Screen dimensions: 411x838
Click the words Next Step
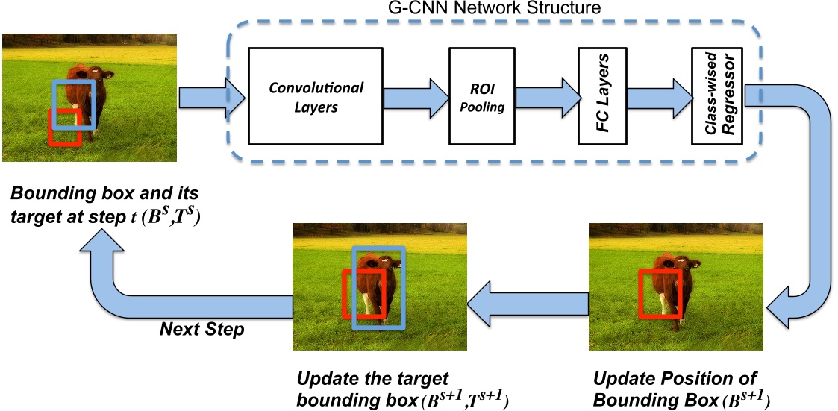201,329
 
